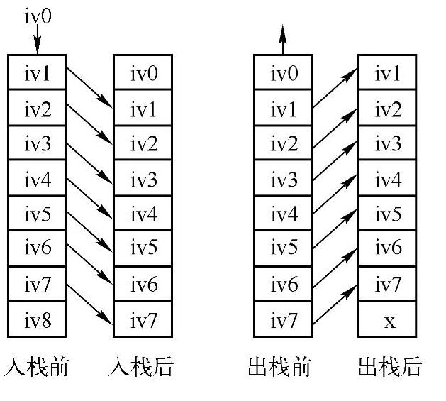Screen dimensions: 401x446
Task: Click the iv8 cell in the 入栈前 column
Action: point(37,321)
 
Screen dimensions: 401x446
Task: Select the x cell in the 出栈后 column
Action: point(389,321)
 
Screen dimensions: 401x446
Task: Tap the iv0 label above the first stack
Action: point(38,16)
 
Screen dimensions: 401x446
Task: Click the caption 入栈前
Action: point(37,367)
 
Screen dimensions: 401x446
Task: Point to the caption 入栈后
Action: point(142,367)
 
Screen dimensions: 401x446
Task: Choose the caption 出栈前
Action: point(281,367)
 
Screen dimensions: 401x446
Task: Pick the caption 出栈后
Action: point(389,367)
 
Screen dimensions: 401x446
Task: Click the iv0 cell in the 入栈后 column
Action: point(143,72)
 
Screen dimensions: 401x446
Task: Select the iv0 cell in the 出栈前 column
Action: point(282,72)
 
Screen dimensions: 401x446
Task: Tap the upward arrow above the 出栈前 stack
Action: point(282,40)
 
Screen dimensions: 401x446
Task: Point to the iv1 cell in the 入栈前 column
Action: point(37,72)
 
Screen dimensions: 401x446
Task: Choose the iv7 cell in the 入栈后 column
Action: point(143,321)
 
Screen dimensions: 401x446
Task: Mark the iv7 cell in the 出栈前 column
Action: point(282,321)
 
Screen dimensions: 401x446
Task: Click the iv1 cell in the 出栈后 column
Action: point(389,72)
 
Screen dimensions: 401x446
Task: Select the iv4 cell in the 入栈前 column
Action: point(37,179)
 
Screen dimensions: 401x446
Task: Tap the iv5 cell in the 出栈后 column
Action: point(389,214)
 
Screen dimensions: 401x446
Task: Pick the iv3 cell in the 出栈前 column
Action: point(282,179)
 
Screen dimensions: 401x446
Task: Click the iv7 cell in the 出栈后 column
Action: point(389,285)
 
